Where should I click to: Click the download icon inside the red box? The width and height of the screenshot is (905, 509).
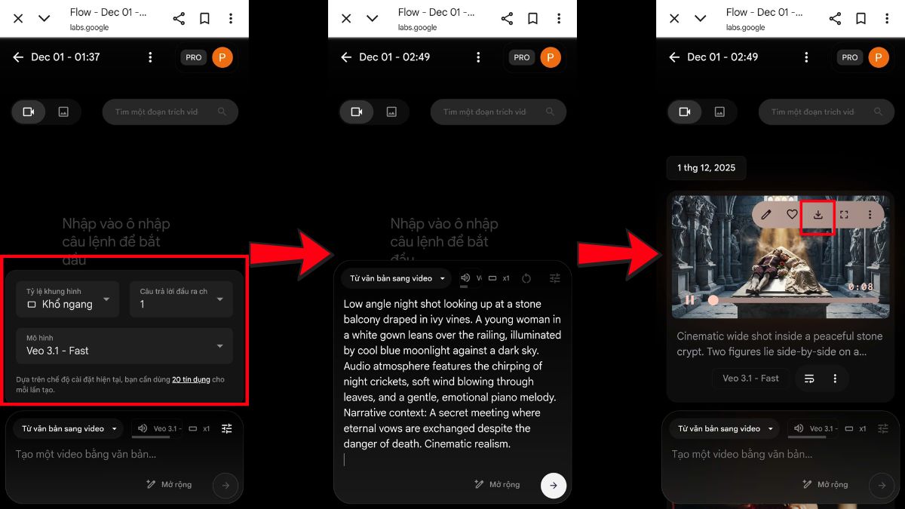818,215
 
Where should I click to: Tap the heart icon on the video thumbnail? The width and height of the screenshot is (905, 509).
792,215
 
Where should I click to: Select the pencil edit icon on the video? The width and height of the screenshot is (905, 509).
766,215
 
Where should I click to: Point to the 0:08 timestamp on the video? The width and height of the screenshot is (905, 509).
861,287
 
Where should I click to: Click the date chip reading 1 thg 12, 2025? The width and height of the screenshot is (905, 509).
706,167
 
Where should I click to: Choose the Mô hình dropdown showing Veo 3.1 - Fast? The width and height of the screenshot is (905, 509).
124,345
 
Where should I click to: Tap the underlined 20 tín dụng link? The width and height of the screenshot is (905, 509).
191,380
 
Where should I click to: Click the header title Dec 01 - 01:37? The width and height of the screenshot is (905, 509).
66,57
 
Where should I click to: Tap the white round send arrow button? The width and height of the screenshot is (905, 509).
554,485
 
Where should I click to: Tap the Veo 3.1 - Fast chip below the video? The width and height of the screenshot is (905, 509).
750,379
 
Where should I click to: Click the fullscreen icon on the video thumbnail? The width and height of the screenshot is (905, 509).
844,215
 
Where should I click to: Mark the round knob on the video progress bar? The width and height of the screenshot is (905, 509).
713,300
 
